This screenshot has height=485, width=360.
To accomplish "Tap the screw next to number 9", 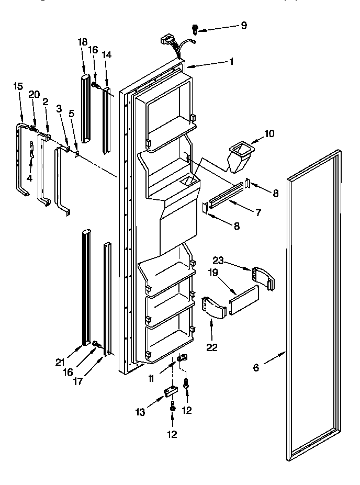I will [195, 29].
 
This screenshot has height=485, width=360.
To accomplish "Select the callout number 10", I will [269, 134].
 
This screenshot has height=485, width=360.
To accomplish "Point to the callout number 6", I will [256, 367].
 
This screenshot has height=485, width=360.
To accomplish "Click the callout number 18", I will [82, 42].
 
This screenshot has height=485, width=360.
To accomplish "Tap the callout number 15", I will [18, 86].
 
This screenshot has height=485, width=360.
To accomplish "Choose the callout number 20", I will [34, 94].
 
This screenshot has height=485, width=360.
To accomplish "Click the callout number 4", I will [30, 177].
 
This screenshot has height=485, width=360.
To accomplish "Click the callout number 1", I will [231, 61].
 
